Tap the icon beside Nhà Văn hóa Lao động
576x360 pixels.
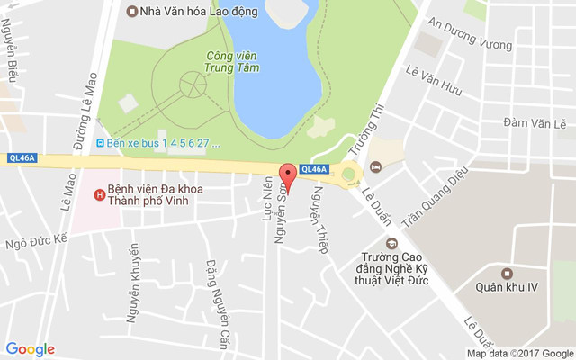click(x=132, y=12)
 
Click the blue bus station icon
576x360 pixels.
click(x=100, y=142)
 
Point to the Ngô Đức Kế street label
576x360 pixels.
click(x=36, y=242)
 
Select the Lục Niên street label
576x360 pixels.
click(x=266, y=199)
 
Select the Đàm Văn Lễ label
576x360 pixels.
click(x=534, y=121)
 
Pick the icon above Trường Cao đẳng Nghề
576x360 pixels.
click(x=391, y=242)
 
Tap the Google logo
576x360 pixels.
click(x=30, y=349)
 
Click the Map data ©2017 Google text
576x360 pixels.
click(x=519, y=354)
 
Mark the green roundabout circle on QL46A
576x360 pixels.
click(x=348, y=175)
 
